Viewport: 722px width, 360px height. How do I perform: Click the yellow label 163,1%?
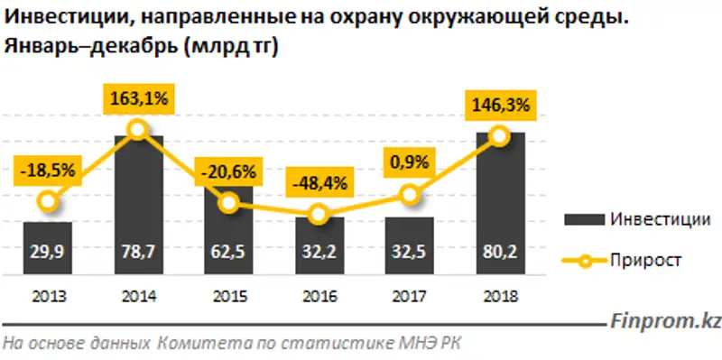[138, 98]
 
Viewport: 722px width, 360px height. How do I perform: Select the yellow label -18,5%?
[48, 169]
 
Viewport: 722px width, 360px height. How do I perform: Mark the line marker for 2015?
[229, 203]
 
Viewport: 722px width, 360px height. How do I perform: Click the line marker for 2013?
[49, 201]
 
